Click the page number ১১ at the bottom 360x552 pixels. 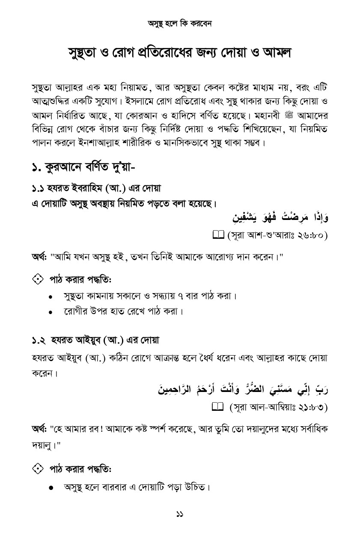pyautogui.click(x=180, y=514)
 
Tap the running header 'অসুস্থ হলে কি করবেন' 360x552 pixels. pyautogui.click(x=180, y=24)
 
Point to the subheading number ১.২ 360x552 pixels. pyautogui.click(x=39, y=341)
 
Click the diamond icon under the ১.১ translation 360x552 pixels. pyautogui.click(x=38, y=279)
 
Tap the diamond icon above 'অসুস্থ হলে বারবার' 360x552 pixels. pyautogui.click(x=38, y=469)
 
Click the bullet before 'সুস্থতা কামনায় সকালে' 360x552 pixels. pyautogui.click(x=51, y=297)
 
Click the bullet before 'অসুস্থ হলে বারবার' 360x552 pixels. pyautogui.click(x=51, y=488)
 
